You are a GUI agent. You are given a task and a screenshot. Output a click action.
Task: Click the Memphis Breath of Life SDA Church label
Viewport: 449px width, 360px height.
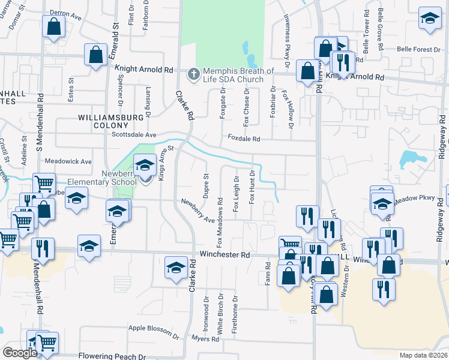234,75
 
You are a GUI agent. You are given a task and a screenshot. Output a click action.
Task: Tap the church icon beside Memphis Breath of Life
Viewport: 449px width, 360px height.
193,74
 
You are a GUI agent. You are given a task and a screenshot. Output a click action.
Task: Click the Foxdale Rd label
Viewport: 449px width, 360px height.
243,139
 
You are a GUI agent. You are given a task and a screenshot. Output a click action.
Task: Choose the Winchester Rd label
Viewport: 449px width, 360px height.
224,254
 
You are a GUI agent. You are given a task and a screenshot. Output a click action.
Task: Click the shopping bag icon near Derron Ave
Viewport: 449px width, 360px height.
54,26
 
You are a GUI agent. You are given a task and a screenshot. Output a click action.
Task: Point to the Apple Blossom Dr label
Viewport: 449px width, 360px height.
154,330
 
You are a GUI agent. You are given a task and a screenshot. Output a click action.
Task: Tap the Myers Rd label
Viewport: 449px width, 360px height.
205,339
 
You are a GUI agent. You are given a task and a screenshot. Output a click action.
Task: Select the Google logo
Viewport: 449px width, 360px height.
20,353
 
